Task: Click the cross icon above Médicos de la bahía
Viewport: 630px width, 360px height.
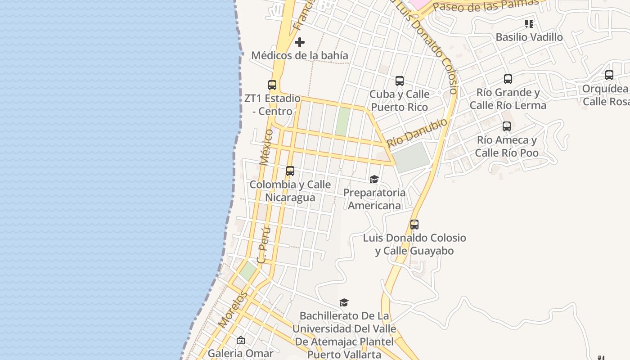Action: pos(300,42)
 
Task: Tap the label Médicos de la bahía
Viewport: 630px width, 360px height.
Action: pos(300,55)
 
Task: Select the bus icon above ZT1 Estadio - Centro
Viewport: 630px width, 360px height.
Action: pos(272,85)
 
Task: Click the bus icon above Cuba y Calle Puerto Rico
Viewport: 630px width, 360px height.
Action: pos(400,81)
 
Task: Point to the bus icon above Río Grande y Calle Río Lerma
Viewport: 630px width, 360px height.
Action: pos(508,79)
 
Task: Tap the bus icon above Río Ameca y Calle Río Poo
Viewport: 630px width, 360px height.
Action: pos(507,126)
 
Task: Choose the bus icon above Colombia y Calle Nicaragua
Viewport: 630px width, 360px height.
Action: pos(290,171)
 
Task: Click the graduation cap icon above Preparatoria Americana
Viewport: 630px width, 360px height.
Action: pos(374,180)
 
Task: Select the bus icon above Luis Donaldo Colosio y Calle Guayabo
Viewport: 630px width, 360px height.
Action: pos(414,224)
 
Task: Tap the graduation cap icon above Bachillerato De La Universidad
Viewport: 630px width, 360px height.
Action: pos(344,302)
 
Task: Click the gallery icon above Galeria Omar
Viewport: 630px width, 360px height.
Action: pos(241,340)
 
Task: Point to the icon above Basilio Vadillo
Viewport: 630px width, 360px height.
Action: pos(529,24)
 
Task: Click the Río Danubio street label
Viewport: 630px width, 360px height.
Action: pos(417,133)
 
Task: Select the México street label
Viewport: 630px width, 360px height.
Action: pos(266,147)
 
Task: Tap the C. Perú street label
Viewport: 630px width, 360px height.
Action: pos(264,245)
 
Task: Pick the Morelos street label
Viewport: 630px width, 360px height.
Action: pos(233,309)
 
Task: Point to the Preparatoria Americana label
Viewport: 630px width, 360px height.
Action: pos(374,199)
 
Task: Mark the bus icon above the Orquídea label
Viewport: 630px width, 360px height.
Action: pos(609,75)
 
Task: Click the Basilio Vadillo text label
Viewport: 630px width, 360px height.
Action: pos(529,37)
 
